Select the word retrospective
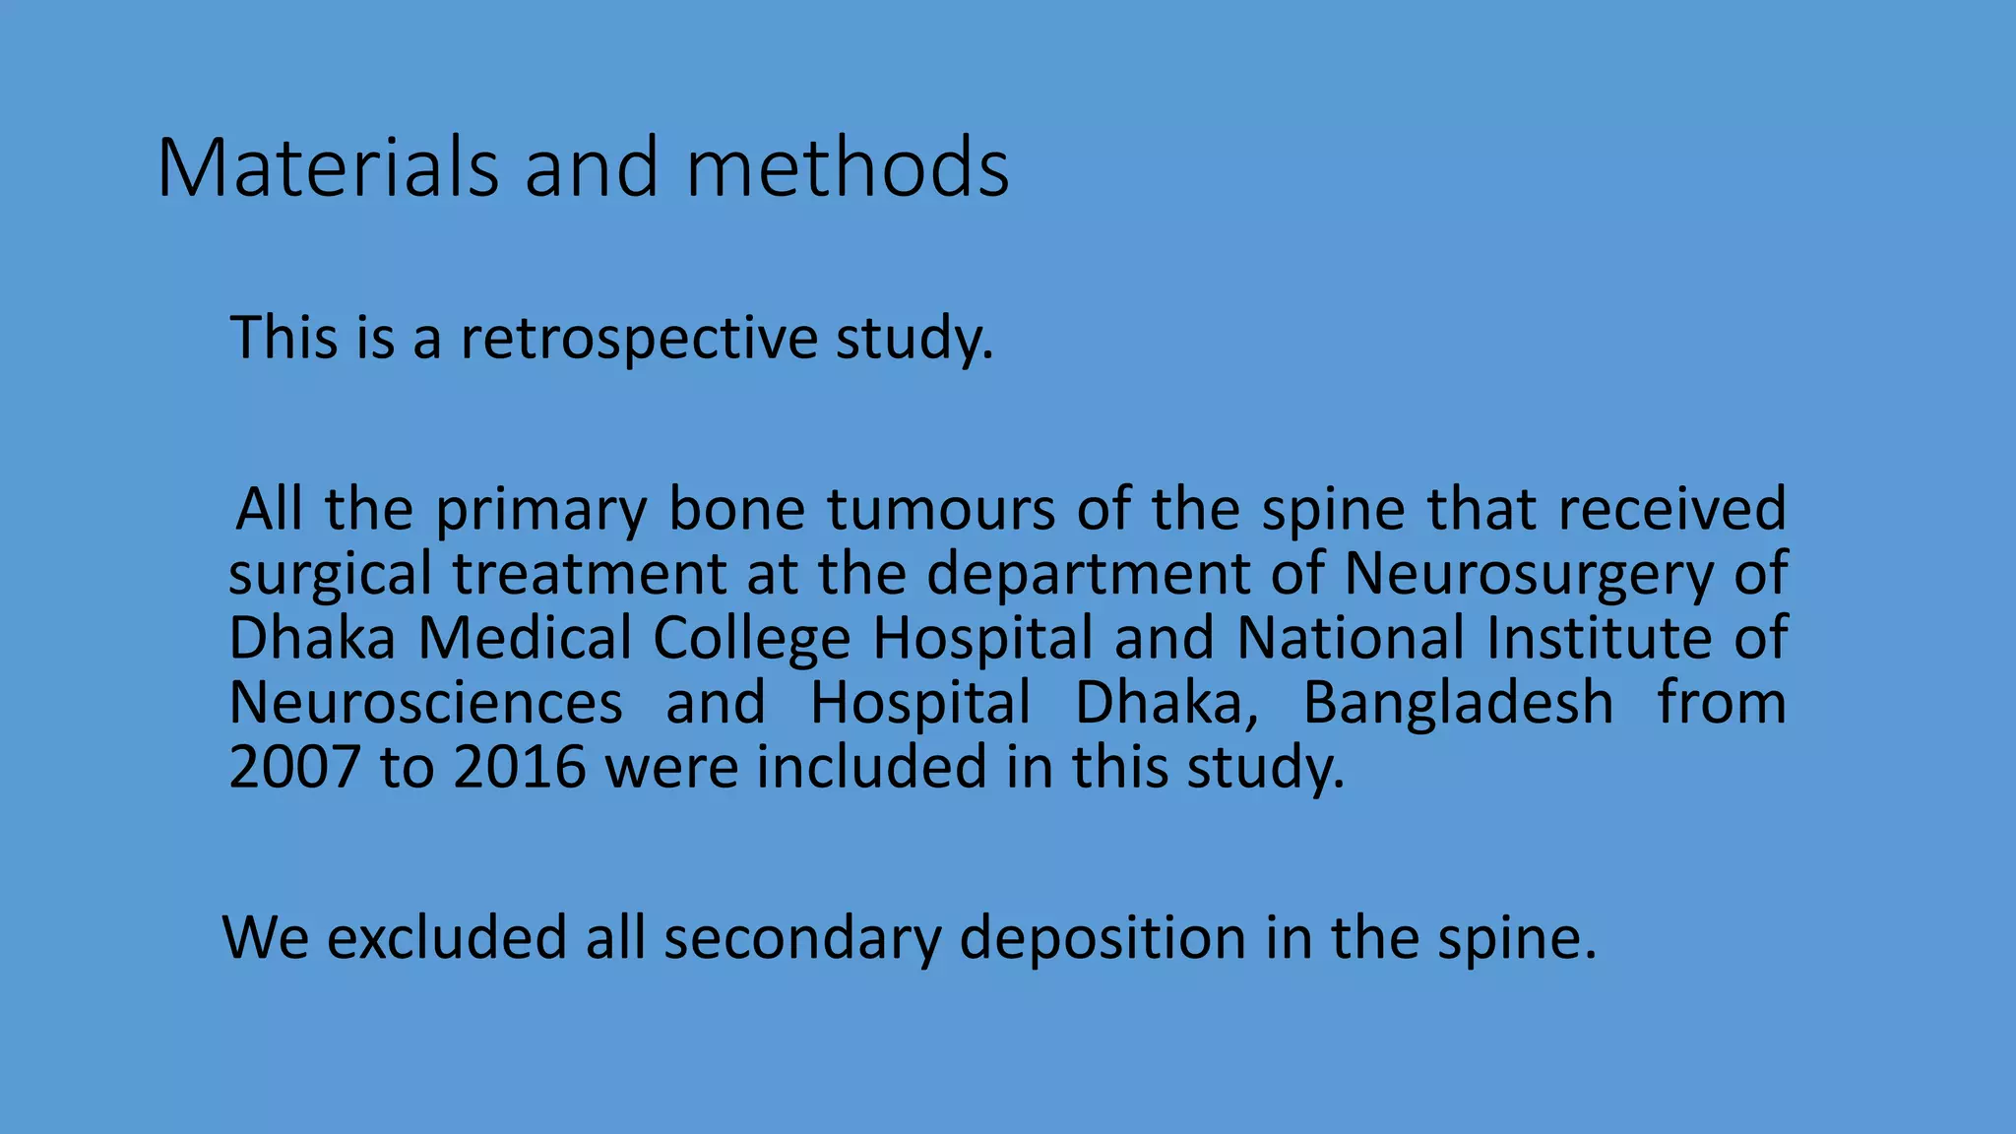[x=639, y=338]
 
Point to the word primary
[x=541, y=510]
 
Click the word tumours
[x=941, y=510]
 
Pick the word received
[x=1672, y=510]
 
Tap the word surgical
[x=330, y=575]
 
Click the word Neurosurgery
[x=1528, y=575]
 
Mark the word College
[x=751, y=638]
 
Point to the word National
[x=1351, y=638]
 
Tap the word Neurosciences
[x=425, y=703]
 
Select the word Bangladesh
[x=1458, y=703]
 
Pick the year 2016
[x=520, y=767]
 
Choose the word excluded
[x=447, y=937]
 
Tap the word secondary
[x=802, y=937]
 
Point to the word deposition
[x=1102, y=937]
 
